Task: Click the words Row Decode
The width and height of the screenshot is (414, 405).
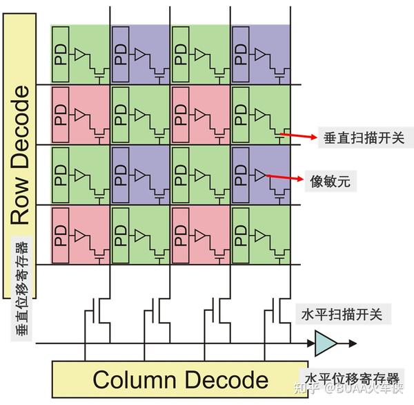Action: [x=21, y=156]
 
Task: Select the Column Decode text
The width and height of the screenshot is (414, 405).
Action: [x=180, y=379]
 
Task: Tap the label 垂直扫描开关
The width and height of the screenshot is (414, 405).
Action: [x=358, y=138]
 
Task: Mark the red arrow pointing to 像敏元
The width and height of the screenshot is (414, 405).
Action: [x=286, y=179]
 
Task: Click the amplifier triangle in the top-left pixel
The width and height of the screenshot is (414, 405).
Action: [x=81, y=53]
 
